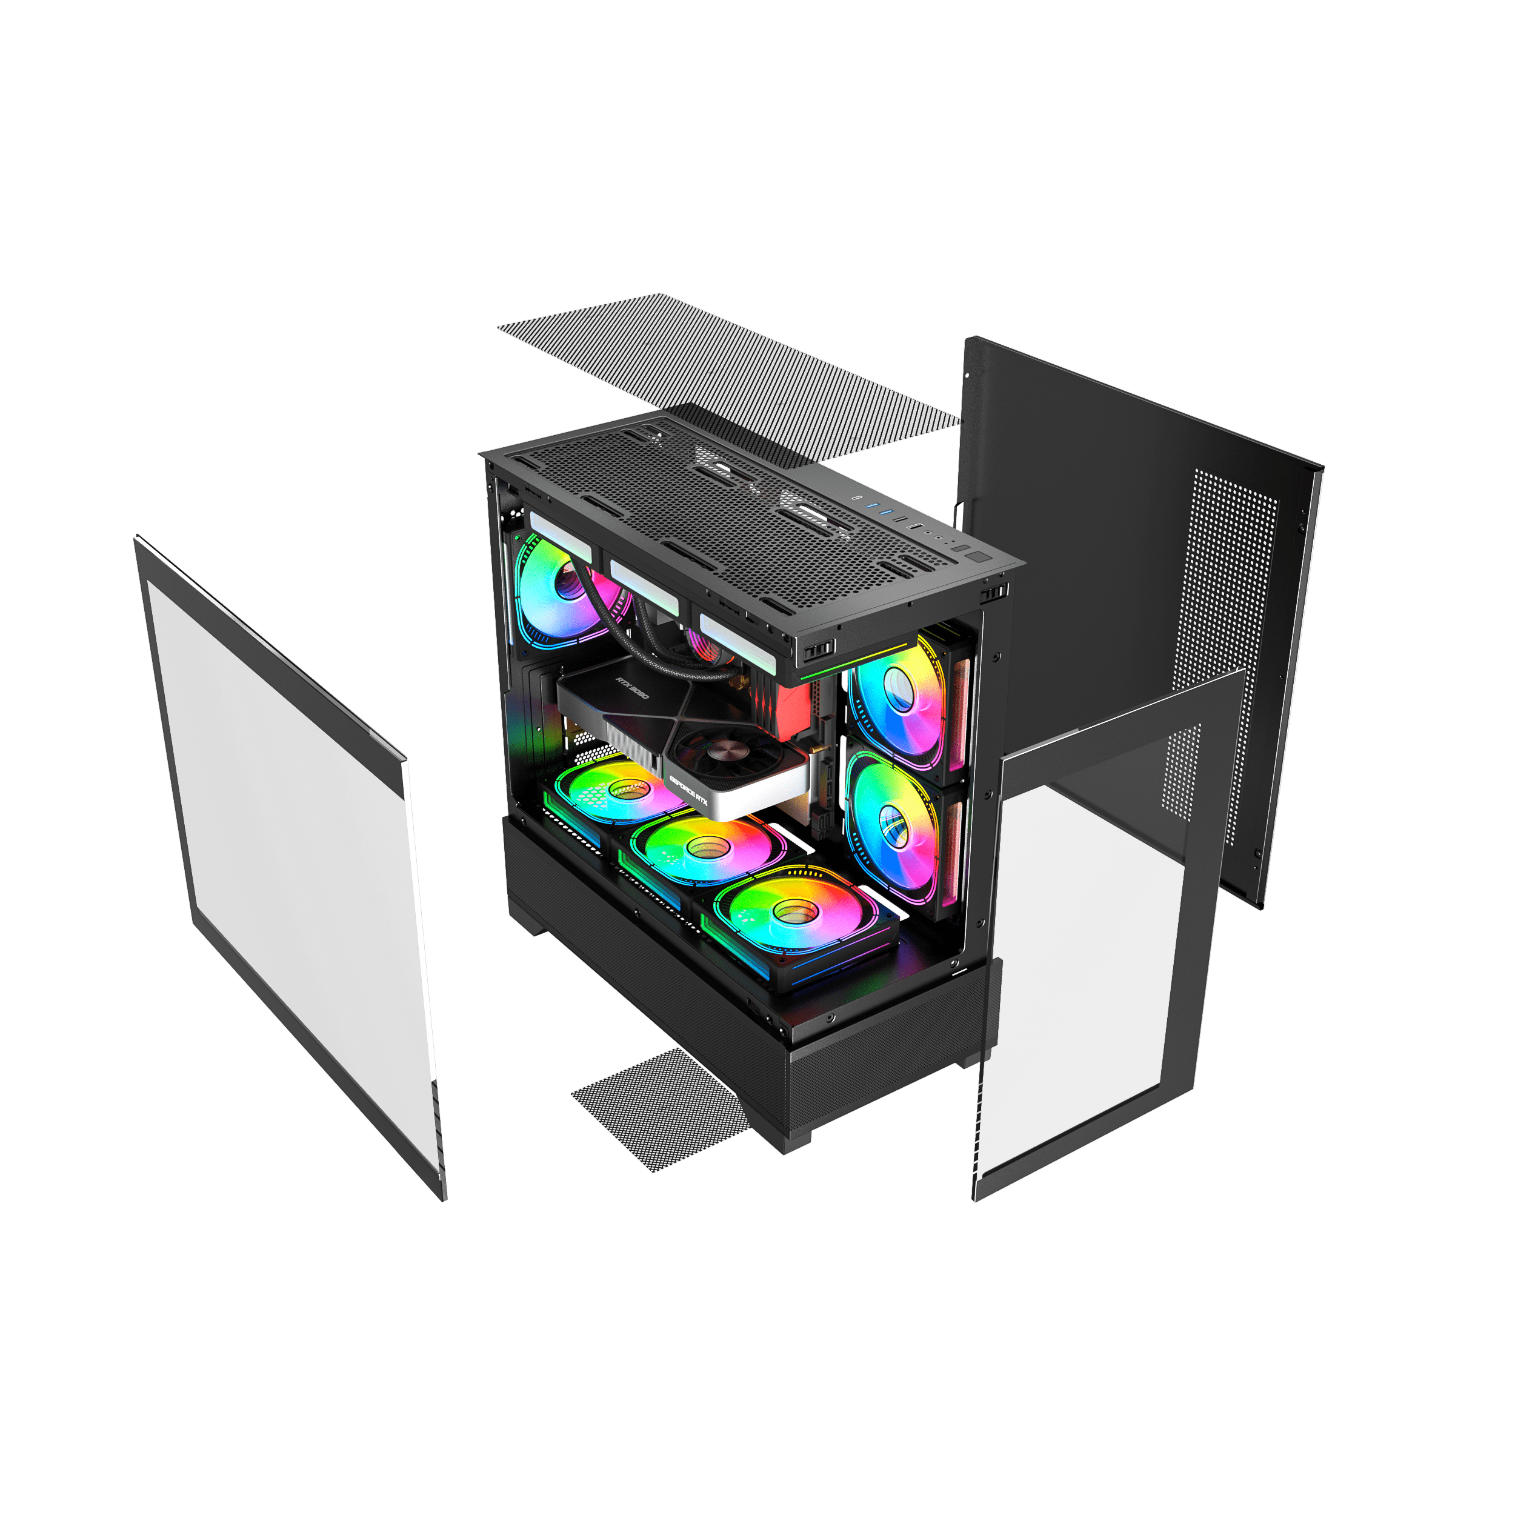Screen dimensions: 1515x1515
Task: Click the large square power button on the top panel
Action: [978, 557]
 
